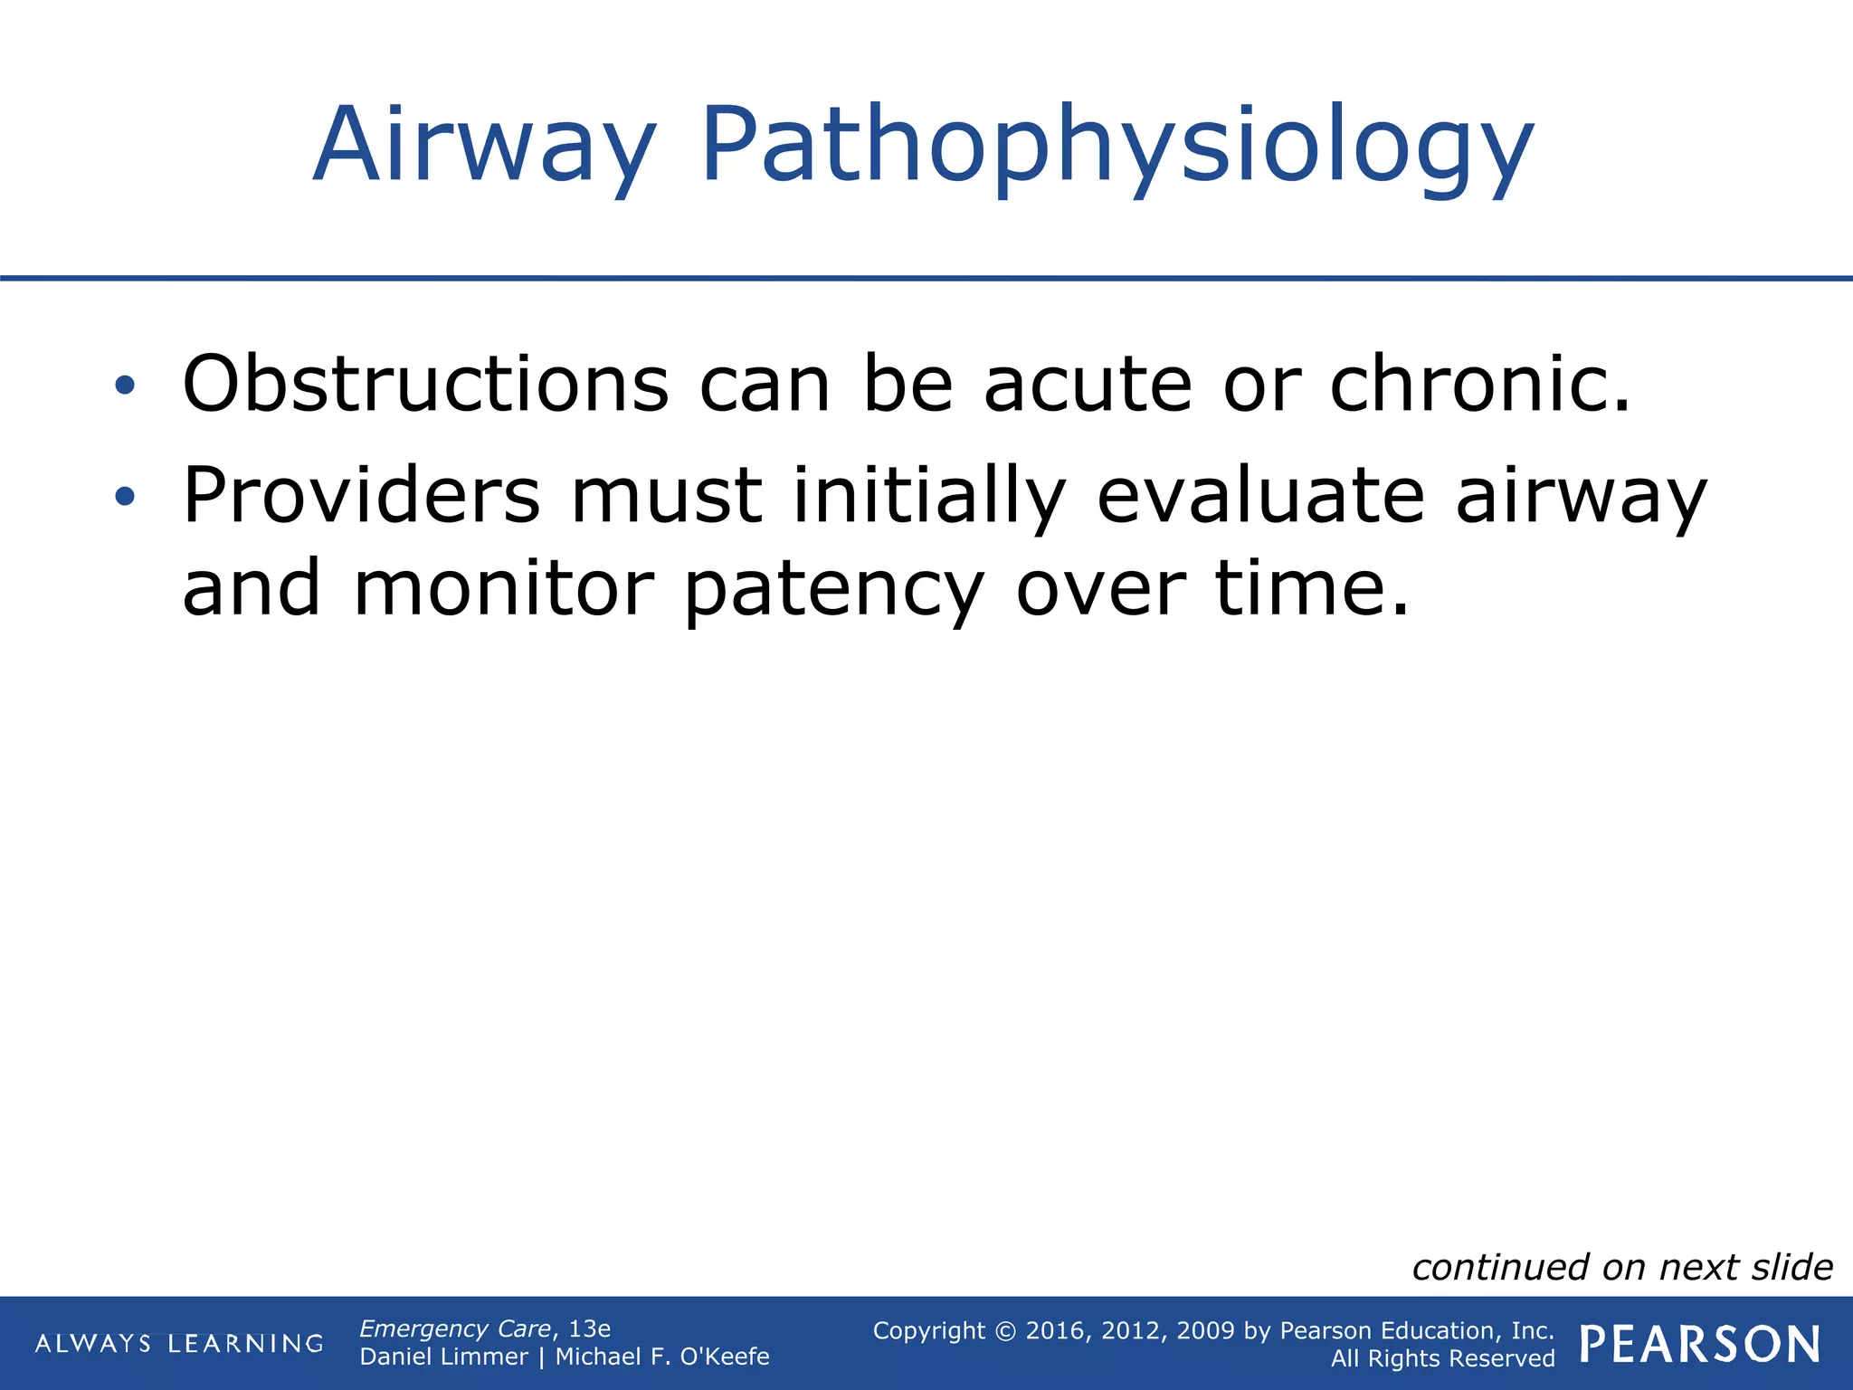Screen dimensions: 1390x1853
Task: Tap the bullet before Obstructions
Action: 125,386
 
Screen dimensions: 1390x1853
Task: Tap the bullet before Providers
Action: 125,496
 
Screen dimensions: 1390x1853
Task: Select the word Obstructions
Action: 425,384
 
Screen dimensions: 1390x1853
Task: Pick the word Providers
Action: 361,495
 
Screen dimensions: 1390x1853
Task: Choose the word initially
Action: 928,495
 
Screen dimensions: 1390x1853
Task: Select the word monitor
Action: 503,588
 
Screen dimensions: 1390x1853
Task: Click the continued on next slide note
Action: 1621,1267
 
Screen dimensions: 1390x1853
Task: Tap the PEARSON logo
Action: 1700,1344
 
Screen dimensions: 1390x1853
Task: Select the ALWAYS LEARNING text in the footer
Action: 179,1343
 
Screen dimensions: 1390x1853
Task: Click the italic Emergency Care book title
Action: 455,1328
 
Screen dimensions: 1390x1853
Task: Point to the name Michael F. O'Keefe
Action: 661,1357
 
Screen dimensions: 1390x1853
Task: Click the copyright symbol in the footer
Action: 1005,1330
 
